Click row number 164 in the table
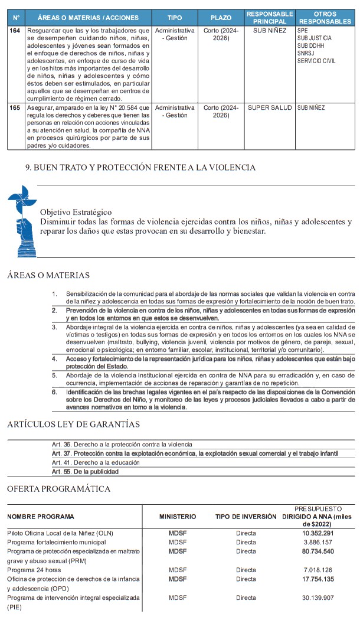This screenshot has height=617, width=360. coord(15,30)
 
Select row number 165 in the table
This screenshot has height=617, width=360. coord(15,108)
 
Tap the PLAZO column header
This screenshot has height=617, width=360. coord(221,18)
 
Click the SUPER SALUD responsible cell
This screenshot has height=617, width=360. coord(266,108)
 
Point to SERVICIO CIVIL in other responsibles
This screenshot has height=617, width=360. coord(317,61)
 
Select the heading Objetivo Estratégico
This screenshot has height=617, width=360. coord(76,212)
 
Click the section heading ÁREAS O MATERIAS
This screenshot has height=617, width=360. coord(48,275)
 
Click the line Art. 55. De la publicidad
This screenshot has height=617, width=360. coord(85,472)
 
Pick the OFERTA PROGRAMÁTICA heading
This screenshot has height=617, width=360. coord(58,489)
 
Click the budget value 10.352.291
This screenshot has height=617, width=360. coord(319,533)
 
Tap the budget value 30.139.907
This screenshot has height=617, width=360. coord(319,598)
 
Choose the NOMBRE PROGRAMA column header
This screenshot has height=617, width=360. coord(41,517)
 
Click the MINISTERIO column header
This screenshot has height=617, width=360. coord(178,517)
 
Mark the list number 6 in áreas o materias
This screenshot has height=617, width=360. coord(54,391)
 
